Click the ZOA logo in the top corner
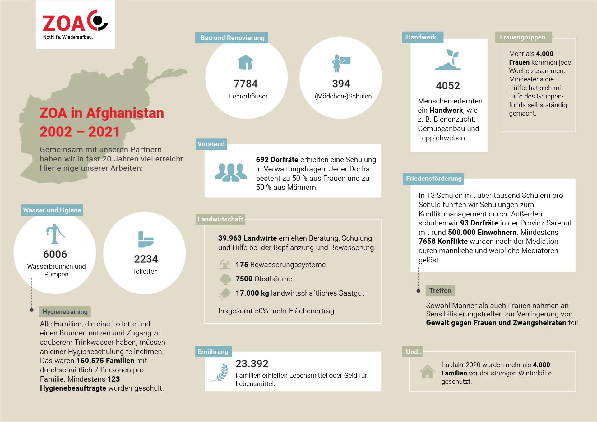coord(75,25)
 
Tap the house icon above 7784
coord(246,62)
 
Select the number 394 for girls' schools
coord(341,84)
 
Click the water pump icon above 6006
coord(55,234)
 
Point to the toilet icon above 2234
coord(146,239)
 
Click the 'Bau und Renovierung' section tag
coord(232,38)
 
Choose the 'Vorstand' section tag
coord(211,144)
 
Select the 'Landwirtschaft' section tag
coord(220,219)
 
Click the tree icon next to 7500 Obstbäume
coord(225,279)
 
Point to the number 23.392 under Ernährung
coord(252,363)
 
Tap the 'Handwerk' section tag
coord(421,37)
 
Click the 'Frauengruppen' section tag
coord(522,37)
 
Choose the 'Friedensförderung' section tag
coord(433,179)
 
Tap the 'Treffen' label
coord(440,291)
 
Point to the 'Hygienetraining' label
coord(65,312)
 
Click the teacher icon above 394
coord(340,63)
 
